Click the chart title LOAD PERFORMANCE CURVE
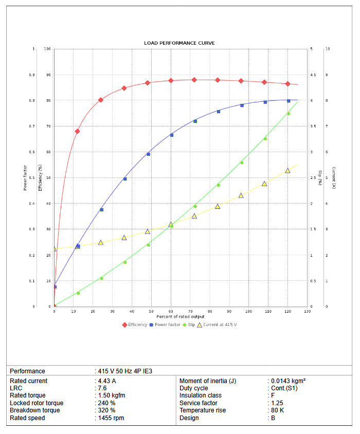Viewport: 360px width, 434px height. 179,43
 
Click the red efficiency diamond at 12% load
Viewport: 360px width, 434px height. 78,131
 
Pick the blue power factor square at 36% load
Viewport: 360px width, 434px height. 125,179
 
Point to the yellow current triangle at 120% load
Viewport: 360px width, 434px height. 288,170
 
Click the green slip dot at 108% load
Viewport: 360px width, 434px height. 265,139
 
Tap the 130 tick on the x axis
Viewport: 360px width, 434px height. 307,312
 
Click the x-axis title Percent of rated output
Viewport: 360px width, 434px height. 181,316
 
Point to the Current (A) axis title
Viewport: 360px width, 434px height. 334,177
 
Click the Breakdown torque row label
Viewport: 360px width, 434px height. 35,410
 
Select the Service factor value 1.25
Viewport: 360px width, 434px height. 278,403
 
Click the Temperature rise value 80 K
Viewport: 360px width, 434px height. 278,410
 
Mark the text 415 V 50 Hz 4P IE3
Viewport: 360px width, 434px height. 125,371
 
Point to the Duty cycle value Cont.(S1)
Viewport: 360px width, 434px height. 284,388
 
